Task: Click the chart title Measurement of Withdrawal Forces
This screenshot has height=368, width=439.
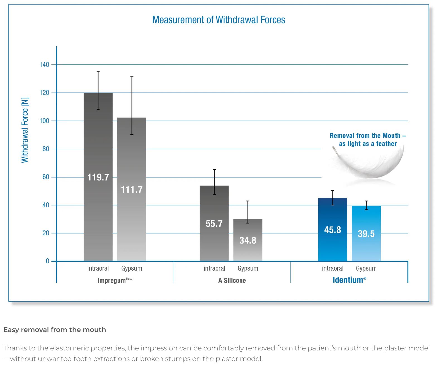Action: coord(219,20)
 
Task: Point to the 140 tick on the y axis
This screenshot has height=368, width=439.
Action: coord(44,65)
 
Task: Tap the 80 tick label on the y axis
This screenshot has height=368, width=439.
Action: coord(46,149)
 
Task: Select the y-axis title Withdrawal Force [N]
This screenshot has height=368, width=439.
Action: coord(25,130)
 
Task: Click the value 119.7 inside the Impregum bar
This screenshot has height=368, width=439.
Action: coord(98,177)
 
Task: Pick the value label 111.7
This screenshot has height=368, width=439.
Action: coord(132,190)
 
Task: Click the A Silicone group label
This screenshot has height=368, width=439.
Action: coord(232,280)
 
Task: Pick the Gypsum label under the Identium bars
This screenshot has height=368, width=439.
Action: coord(366,268)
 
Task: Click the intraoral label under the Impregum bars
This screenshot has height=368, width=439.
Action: coord(98,268)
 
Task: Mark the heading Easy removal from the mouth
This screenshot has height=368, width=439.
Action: coord(55,330)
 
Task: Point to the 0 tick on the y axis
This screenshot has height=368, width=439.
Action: coord(47,261)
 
